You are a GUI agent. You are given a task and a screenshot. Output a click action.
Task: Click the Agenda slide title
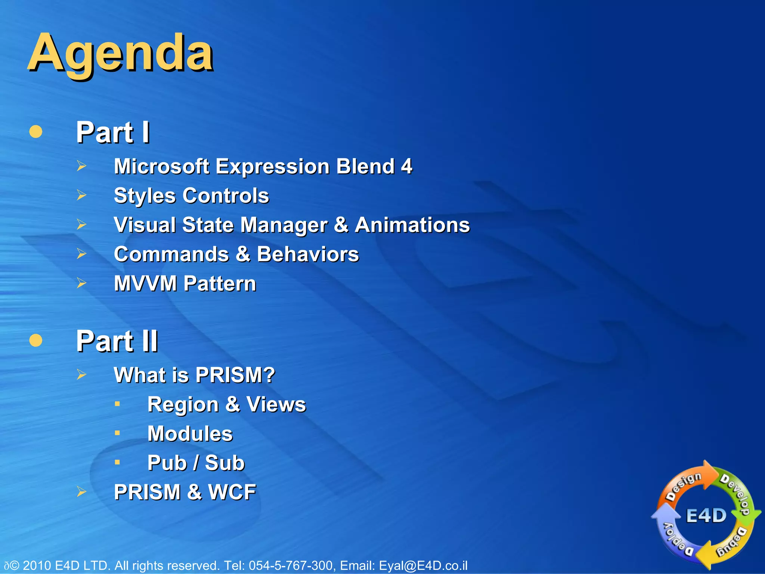[x=120, y=53]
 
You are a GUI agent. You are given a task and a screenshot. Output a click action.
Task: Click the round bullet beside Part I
[x=35, y=132]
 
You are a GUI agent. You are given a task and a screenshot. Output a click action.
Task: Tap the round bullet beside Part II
[x=35, y=340]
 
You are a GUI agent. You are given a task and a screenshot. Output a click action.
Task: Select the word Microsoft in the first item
[x=161, y=166]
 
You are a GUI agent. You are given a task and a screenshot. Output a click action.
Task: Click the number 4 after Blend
[x=406, y=166]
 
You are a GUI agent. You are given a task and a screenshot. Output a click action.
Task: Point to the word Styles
[x=145, y=196]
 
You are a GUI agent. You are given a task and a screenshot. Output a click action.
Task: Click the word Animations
[x=412, y=225]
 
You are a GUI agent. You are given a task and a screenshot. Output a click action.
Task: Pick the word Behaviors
[x=307, y=254]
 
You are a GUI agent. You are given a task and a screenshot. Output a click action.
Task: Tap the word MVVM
[x=145, y=283]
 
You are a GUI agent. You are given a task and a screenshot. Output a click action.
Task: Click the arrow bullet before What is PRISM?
[x=81, y=374]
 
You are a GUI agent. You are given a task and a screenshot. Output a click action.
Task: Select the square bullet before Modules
[x=117, y=433]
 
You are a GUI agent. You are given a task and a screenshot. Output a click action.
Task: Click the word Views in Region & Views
[x=276, y=404]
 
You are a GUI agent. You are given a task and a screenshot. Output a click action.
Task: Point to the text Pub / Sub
[x=196, y=463]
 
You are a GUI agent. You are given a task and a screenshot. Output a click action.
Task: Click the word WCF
[x=232, y=492]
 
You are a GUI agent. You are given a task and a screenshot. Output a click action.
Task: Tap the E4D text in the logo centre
[x=706, y=516]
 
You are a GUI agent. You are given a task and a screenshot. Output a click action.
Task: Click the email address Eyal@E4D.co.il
[x=423, y=565]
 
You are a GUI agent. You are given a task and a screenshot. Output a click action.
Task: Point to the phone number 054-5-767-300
[x=291, y=565]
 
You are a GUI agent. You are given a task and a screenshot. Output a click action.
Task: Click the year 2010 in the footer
[x=37, y=565]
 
